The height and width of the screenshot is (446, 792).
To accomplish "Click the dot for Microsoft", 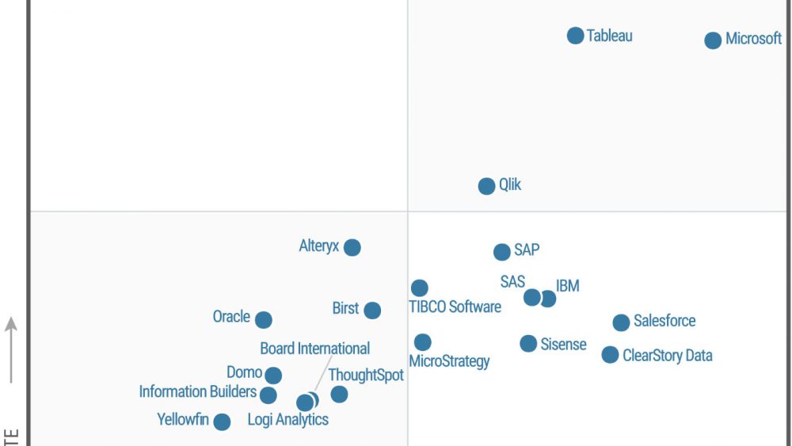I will (x=713, y=40).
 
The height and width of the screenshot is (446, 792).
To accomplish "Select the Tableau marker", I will (x=576, y=36).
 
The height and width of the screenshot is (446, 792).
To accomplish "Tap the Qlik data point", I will (x=487, y=186).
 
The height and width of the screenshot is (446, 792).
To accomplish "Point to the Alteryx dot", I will (x=352, y=247).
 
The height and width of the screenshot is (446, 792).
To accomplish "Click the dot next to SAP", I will (x=502, y=252).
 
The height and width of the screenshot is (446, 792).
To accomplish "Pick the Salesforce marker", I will (x=621, y=322).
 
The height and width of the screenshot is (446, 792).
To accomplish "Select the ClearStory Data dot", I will (x=610, y=355).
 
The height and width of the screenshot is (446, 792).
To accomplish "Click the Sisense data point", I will (x=528, y=344).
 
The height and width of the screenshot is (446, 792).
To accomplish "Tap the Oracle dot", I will (x=264, y=320).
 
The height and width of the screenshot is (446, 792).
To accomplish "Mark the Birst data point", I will (x=372, y=311).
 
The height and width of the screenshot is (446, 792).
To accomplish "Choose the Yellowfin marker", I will (x=223, y=422).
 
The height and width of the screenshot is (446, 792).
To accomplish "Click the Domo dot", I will (x=273, y=375).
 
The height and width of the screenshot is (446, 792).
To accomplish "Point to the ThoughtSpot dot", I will (x=339, y=394).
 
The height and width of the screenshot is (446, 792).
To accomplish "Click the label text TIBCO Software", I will (x=455, y=307).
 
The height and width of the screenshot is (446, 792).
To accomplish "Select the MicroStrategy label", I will (x=449, y=361).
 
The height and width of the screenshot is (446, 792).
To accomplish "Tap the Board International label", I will (x=315, y=349).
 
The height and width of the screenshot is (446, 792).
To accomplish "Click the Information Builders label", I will (x=197, y=391).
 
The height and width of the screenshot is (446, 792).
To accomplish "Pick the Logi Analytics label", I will (x=287, y=420).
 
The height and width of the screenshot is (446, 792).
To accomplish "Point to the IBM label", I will (x=568, y=285).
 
